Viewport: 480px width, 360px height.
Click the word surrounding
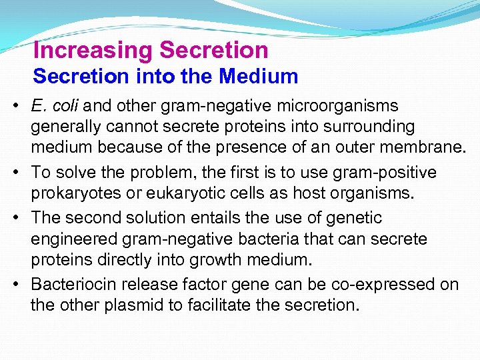click(376, 126)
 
